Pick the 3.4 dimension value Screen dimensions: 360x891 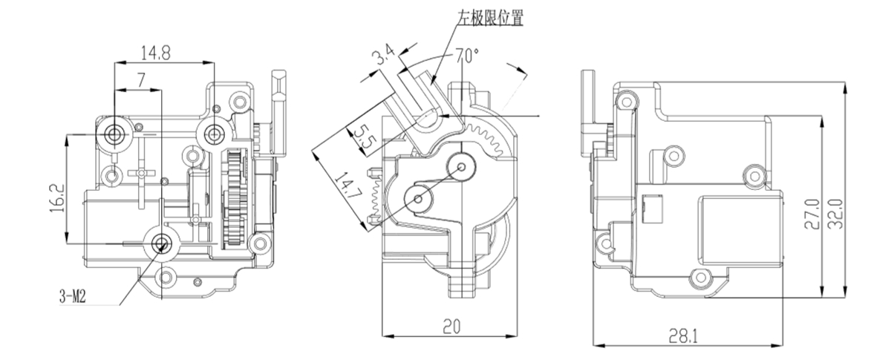pyautogui.click(x=384, y=57)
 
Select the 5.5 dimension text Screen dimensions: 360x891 pyautogui.click(x=362, y=138)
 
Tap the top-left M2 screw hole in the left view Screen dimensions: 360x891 pyautogui.click(x=114, y=133)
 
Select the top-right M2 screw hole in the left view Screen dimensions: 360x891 pyautogui.click(x=215, y=133)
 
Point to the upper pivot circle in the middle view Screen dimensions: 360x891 pyautogui.click(x=461, y=166)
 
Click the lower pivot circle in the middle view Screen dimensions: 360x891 pyautogui.click(x=419, y=198)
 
